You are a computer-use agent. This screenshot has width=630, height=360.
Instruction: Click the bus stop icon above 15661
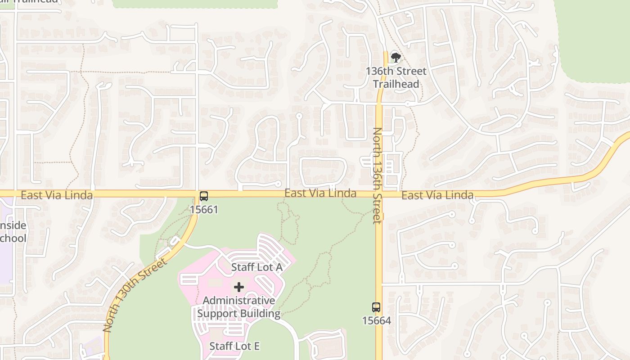click(x=204, y=196)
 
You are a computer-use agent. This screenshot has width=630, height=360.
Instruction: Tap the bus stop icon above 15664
click(x=376, y=307)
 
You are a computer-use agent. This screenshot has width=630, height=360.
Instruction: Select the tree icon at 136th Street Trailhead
click(x=396, y=57)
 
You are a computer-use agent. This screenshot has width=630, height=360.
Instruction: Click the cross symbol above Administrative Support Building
click(x=239, y=287)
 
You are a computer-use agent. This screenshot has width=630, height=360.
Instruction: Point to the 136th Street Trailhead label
click(x=396, y=77)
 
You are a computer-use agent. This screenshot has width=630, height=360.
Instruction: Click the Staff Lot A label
click(x=256, y=267)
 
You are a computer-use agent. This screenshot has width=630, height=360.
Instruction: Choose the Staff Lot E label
click(x=234, y=346)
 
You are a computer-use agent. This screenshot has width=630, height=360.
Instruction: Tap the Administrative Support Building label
click(x=239, y=307)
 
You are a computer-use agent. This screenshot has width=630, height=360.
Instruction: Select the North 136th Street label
click(x=377, y=175)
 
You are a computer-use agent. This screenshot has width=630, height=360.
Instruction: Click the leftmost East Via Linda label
click(x=57, y=195)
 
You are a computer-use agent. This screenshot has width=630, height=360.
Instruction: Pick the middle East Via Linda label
click(x=320, y=193)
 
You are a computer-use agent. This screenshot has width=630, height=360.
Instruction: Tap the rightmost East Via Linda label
click(x=437, y=195)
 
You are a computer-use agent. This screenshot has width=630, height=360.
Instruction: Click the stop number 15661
click(x=204, y=209)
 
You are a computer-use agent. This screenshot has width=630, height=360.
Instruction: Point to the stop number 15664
click(x=376, y=320)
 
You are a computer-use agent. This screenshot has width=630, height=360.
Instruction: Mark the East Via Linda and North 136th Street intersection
click(x=378, y=194)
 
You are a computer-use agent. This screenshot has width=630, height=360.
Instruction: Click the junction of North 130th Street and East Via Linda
click(x=196, y=194)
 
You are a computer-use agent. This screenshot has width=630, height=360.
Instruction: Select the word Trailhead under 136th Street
click(x=396, y=84)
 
